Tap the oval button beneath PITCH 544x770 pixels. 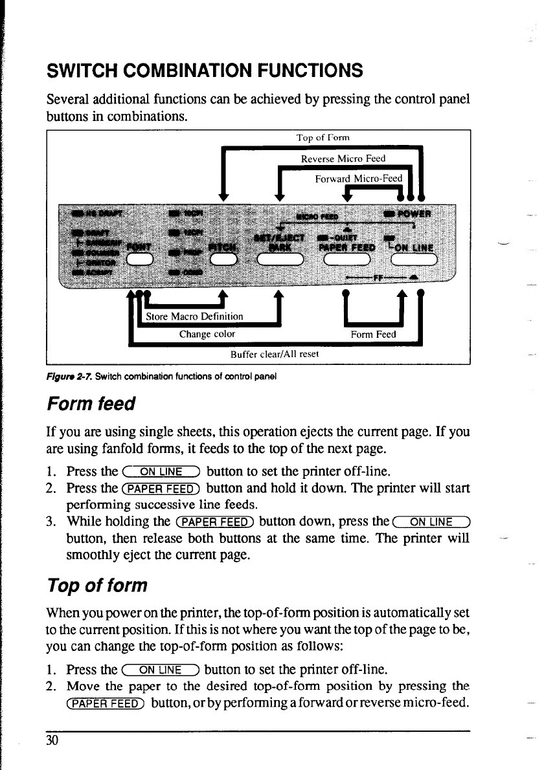221,259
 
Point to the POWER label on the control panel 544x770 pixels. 407,215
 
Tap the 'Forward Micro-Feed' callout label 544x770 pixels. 359,179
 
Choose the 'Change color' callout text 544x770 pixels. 207,335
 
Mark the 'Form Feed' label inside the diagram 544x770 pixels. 373,335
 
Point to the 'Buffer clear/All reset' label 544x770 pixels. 275,354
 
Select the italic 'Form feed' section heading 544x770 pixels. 91,404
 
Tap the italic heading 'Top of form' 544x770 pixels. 97,586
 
